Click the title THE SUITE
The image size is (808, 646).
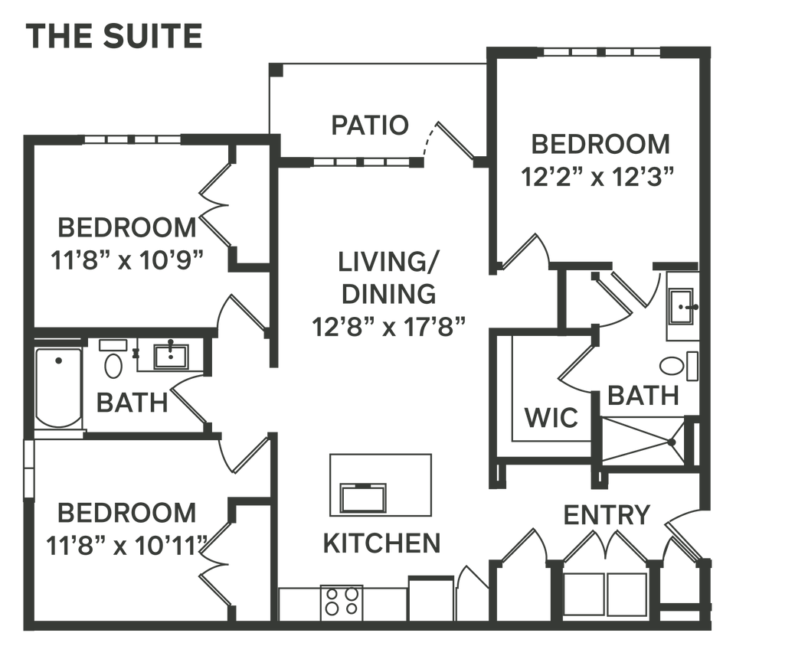point(116,37)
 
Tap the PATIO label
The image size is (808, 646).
point(370,126)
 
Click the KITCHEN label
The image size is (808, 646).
point(381,543)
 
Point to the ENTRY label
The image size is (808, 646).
point(607,515)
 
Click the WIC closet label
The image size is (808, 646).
point(550,419)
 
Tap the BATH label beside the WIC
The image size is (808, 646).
point(643,396)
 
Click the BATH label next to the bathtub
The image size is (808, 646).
point(131,401)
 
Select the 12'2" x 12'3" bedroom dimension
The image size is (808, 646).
point(597,178)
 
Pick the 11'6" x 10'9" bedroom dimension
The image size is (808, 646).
point(127,260)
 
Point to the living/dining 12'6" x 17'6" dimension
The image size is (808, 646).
point(388,327)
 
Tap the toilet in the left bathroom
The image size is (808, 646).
point(113,364)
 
